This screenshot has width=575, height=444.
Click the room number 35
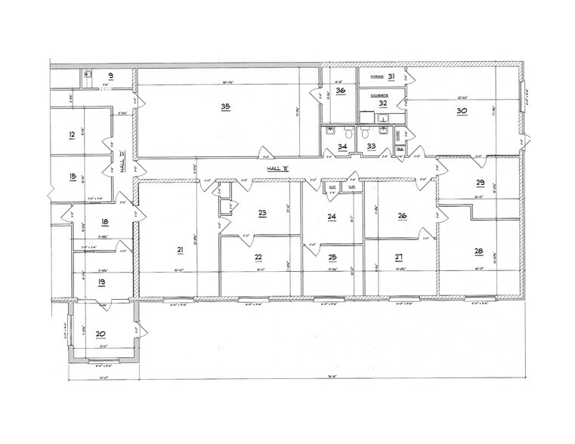coord(225,107)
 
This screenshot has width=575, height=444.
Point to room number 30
coord(462,110)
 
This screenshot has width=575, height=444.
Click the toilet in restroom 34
coord(330,131)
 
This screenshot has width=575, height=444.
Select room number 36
coord(340,91)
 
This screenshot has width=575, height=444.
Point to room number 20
coord(100,333)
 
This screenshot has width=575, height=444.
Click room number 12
coord(71,135)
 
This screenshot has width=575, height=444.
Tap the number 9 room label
coord(110,76)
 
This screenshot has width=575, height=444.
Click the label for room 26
coord(403,215)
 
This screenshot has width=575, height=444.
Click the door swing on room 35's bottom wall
coord(264,151)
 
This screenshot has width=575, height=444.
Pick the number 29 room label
coord(480,183)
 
